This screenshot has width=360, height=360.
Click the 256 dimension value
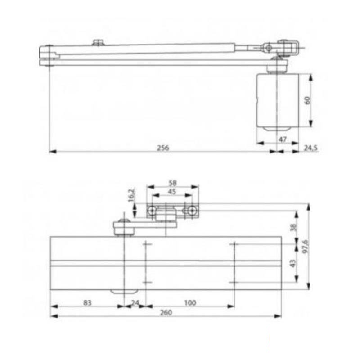click(163, 148)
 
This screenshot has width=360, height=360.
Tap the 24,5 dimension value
click(311, 148)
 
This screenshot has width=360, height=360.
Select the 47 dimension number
click(283, 139)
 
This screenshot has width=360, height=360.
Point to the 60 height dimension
click(307, 100)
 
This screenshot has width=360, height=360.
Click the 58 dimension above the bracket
click(173, 183)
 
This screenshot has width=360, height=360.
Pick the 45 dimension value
click(172, 192)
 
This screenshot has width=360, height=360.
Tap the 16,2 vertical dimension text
click(131, 195)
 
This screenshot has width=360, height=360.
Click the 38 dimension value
click(293, 227)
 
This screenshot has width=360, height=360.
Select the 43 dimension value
click(293, 263)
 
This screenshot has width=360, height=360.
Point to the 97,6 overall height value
click(306, 246)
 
